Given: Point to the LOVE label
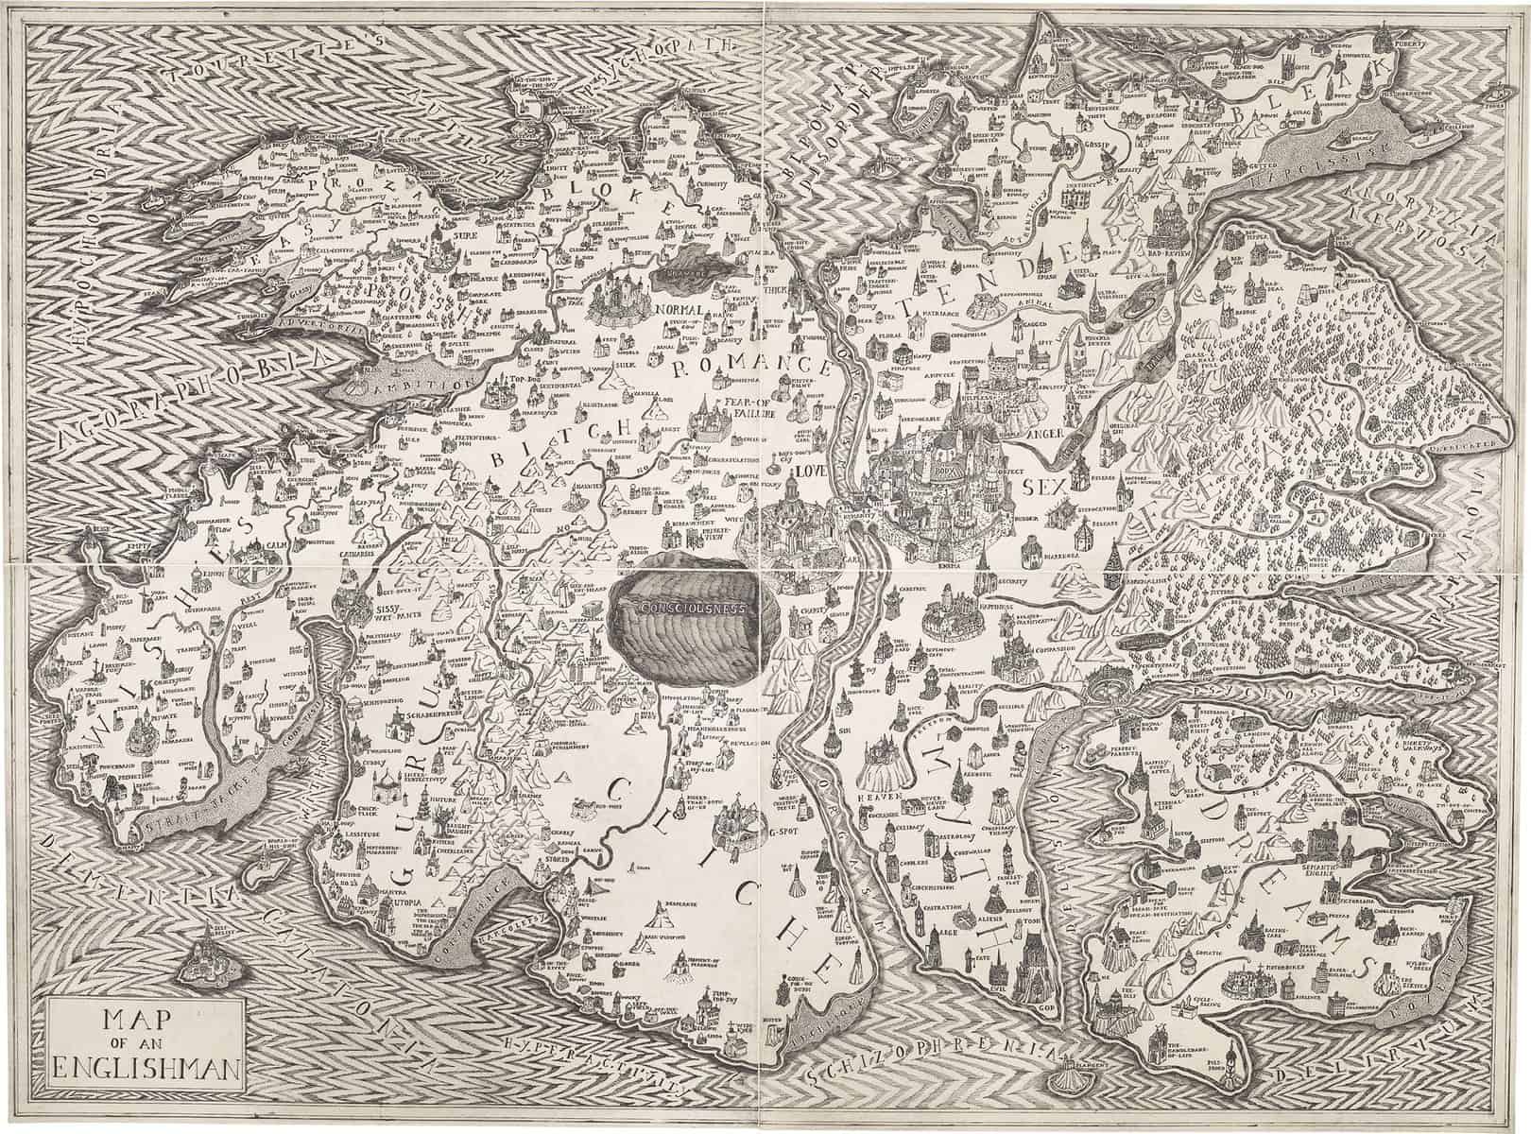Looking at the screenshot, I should coord(808,468).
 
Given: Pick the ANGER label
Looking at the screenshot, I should coord(1052,434).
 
